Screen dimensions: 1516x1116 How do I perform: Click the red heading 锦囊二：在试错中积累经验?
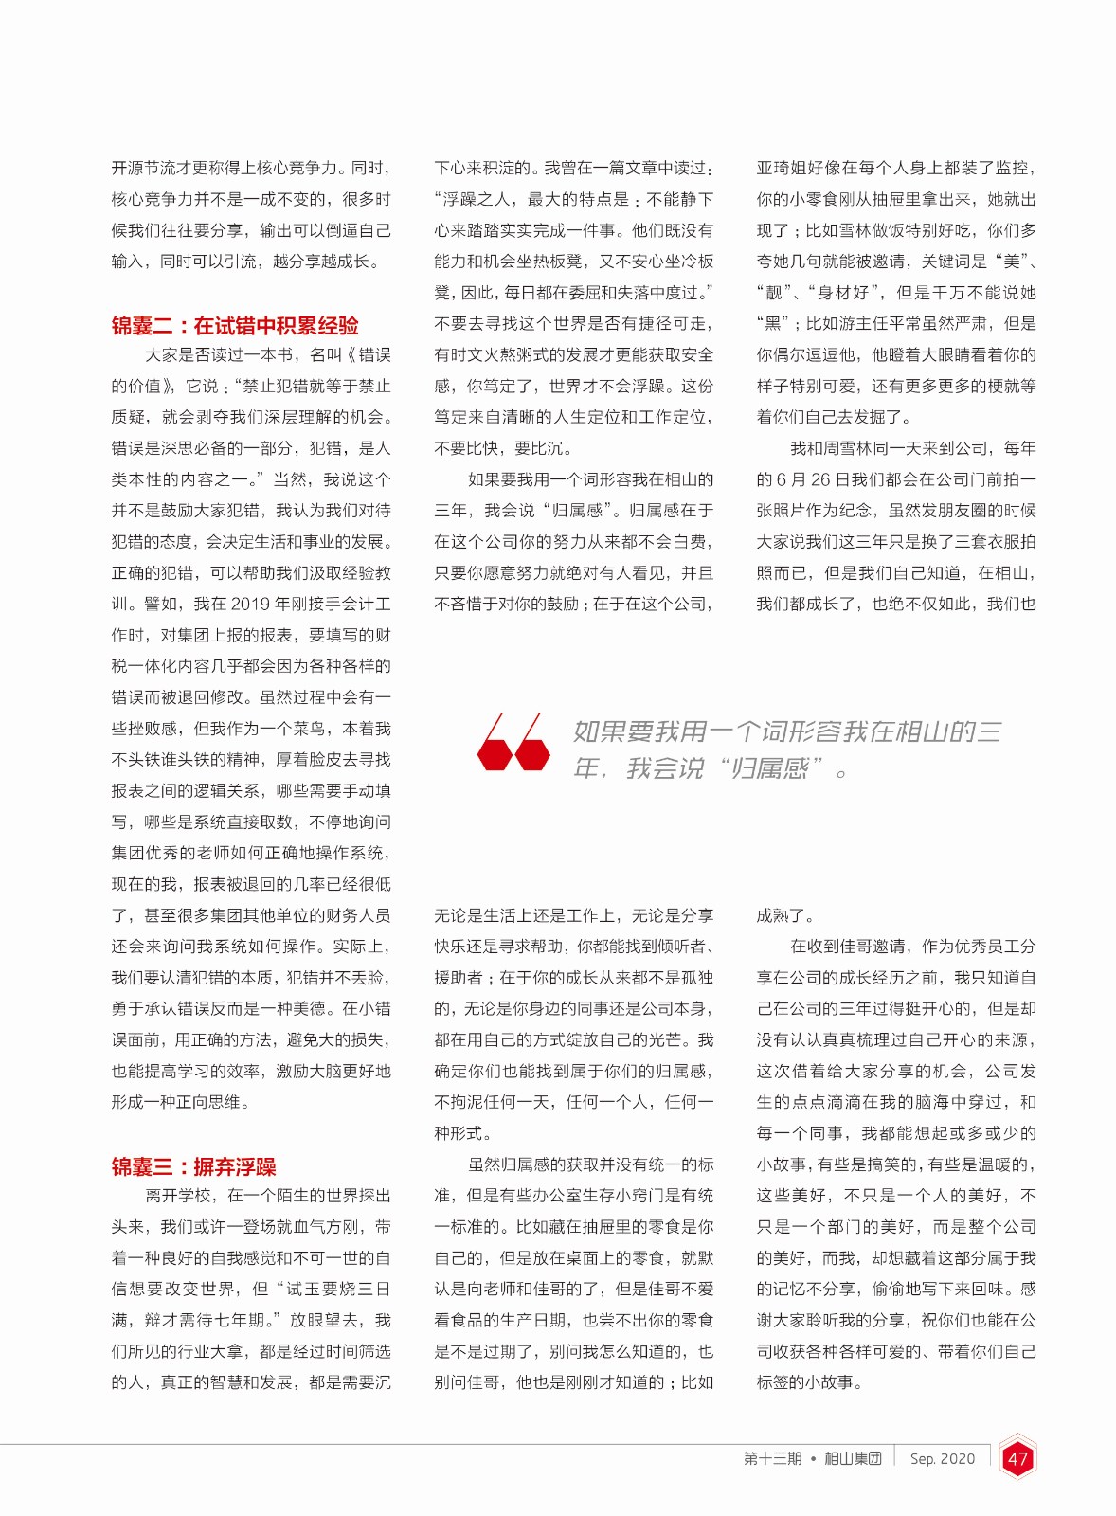235,326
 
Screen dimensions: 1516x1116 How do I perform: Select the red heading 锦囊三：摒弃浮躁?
193,1166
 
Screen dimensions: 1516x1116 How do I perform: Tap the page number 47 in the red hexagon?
1017,1459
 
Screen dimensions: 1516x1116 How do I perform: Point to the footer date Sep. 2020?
942,1459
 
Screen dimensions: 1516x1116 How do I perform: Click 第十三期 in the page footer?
772,1459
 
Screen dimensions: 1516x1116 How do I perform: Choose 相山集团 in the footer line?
853,1459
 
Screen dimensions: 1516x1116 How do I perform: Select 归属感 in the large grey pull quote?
769,767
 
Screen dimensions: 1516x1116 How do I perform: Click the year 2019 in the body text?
250,605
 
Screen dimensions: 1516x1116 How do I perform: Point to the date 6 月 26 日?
824,479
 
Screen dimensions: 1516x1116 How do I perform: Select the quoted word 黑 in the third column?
772,324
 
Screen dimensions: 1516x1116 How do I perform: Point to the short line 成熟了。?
786,915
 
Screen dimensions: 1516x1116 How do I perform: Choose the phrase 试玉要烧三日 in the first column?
333,1290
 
